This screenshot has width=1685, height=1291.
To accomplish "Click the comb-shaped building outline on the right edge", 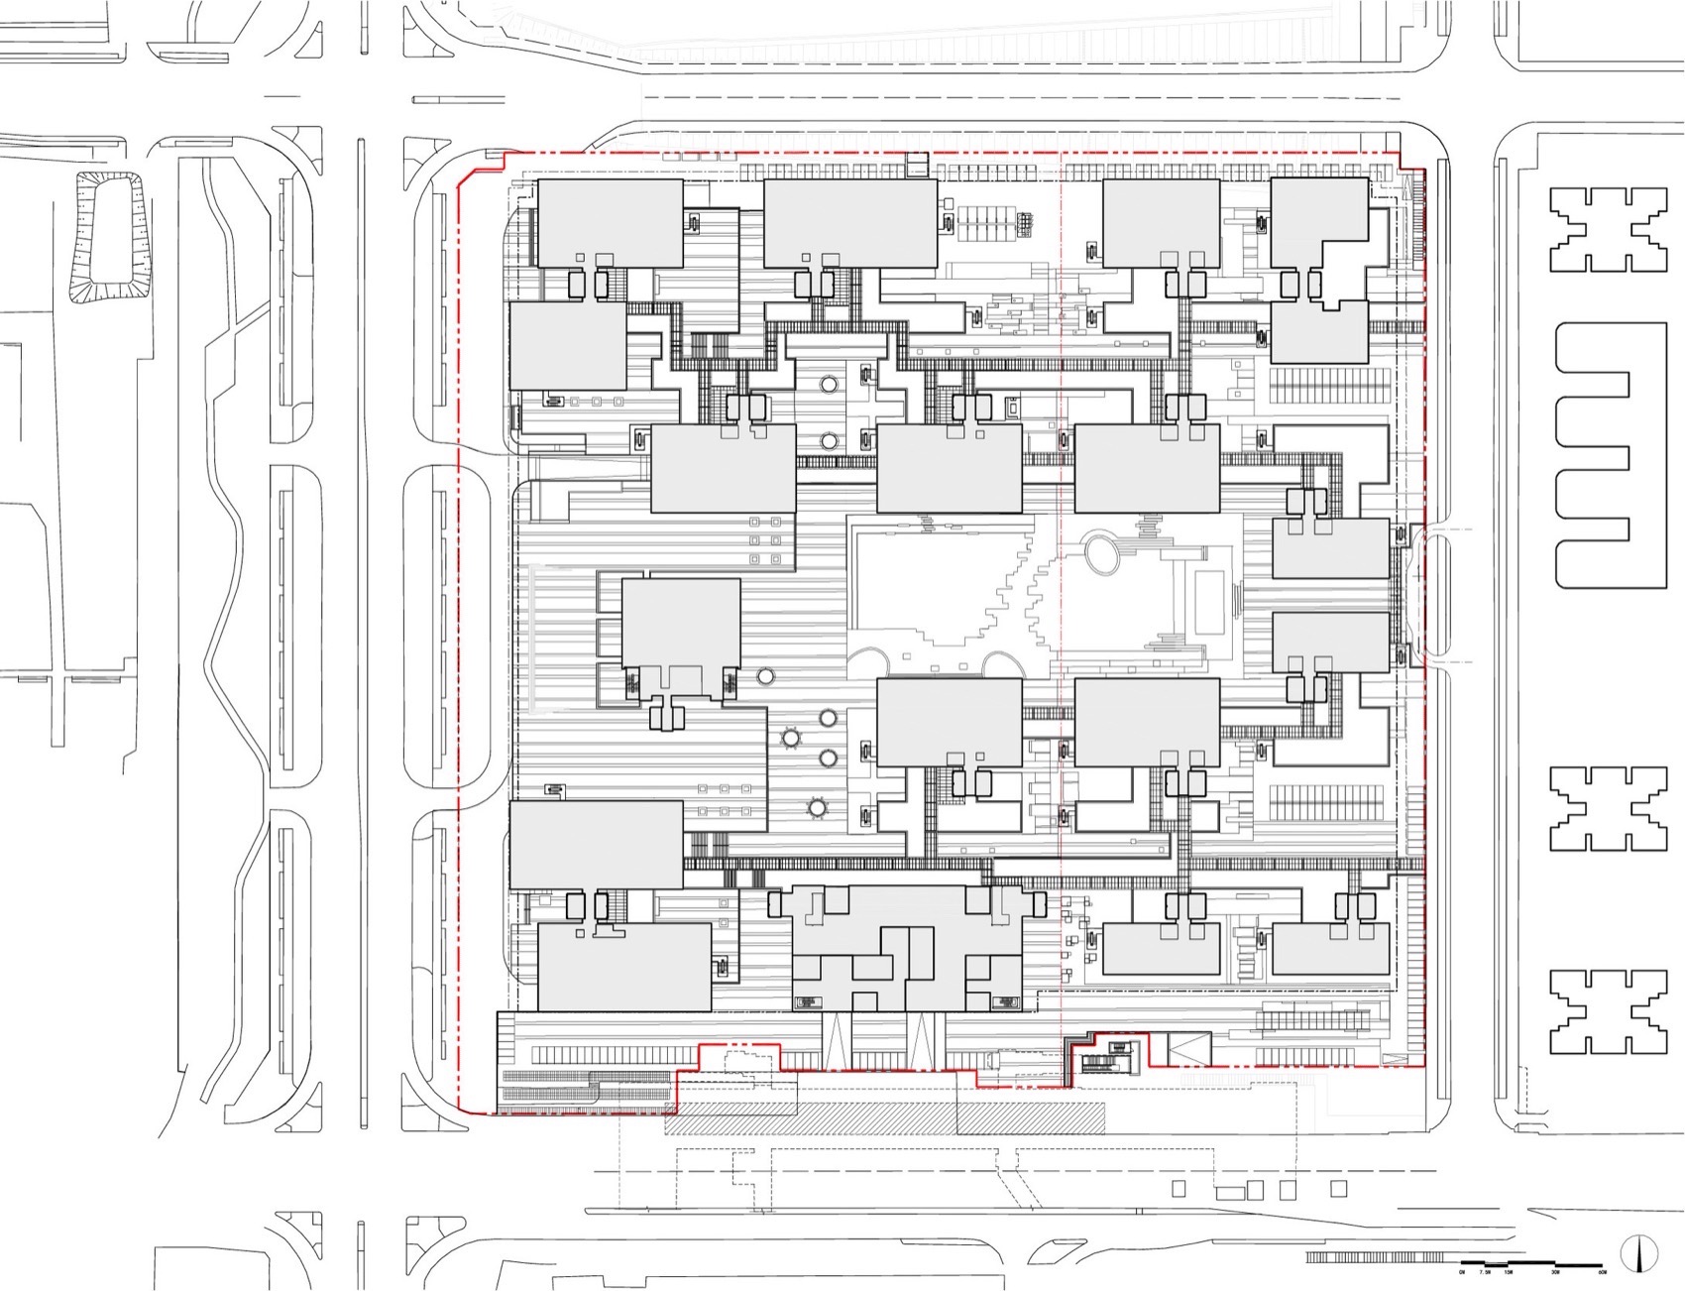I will (x=1593, y=455).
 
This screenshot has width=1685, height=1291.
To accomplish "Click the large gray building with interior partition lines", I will (x=907, y=947).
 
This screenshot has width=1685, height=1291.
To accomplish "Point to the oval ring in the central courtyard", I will (x=1099, y=553).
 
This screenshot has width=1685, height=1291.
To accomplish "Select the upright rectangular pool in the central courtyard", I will (x=1209, y=602).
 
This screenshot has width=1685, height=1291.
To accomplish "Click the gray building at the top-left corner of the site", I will (x=610, y=222).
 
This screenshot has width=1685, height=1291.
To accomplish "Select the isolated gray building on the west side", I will (x=680, y=623).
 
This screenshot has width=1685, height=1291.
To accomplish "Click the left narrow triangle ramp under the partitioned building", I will (x=838, y=1039).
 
